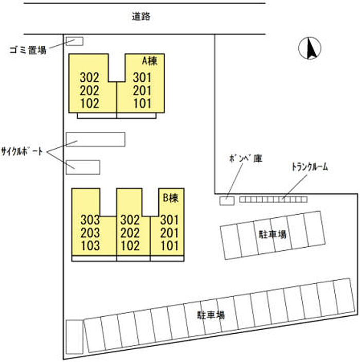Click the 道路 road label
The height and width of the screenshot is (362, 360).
click(x=141, y=16)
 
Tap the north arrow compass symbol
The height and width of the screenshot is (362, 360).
click(x=310, y=48)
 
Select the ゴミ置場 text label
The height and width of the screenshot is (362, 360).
click(x=28, y=50)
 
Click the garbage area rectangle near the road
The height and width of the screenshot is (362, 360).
click(x=75, y=41)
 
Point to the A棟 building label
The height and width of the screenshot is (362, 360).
click(x=150, y=61)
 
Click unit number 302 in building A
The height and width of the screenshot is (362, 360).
click(x=89, y=77)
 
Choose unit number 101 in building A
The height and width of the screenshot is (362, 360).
click(x=142, y=103)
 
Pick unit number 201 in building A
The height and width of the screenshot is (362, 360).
click(x=142, y=90)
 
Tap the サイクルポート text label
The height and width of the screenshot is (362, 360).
click(x=22, y=152)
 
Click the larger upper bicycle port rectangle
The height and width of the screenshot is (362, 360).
click(x=96, y=139)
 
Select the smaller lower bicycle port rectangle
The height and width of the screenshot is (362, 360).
click(x=83, y=167)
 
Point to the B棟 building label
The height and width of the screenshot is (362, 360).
click(x=171, y=198)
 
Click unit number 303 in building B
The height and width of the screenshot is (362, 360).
click(x=90, y=220)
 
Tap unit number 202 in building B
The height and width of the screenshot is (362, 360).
click(x=130, y=233)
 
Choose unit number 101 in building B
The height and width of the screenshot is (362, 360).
click(x=170, y=246)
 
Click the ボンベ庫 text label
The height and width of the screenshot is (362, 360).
click(x=246, y=159)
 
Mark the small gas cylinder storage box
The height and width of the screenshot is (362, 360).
click(x=227, y=201)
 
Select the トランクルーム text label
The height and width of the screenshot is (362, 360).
click(x=310, y=167)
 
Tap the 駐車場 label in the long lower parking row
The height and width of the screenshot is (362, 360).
click(x=211, y=315)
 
